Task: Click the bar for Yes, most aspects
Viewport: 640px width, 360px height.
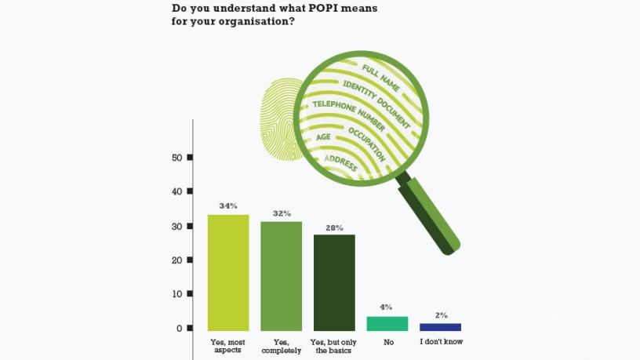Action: [x=228, y=272]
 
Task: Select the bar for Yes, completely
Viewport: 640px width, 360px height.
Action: [x=281, y=275]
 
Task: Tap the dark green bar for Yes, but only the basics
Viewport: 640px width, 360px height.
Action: [x=334, y=282]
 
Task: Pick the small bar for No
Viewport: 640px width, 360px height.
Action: [x=387, y=323]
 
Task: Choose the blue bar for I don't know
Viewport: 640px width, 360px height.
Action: [x=440, y=326]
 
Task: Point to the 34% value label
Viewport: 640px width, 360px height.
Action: [x=228, y=206]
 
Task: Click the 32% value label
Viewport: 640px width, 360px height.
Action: [x=282, y=213]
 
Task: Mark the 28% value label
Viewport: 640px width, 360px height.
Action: [x=334, y=227]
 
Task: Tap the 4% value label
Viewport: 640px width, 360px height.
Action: [x=387, y=307]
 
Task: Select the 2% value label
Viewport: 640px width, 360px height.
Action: [x=441, y=315]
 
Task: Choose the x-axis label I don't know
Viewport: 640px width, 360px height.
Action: [x=440, y=343]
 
